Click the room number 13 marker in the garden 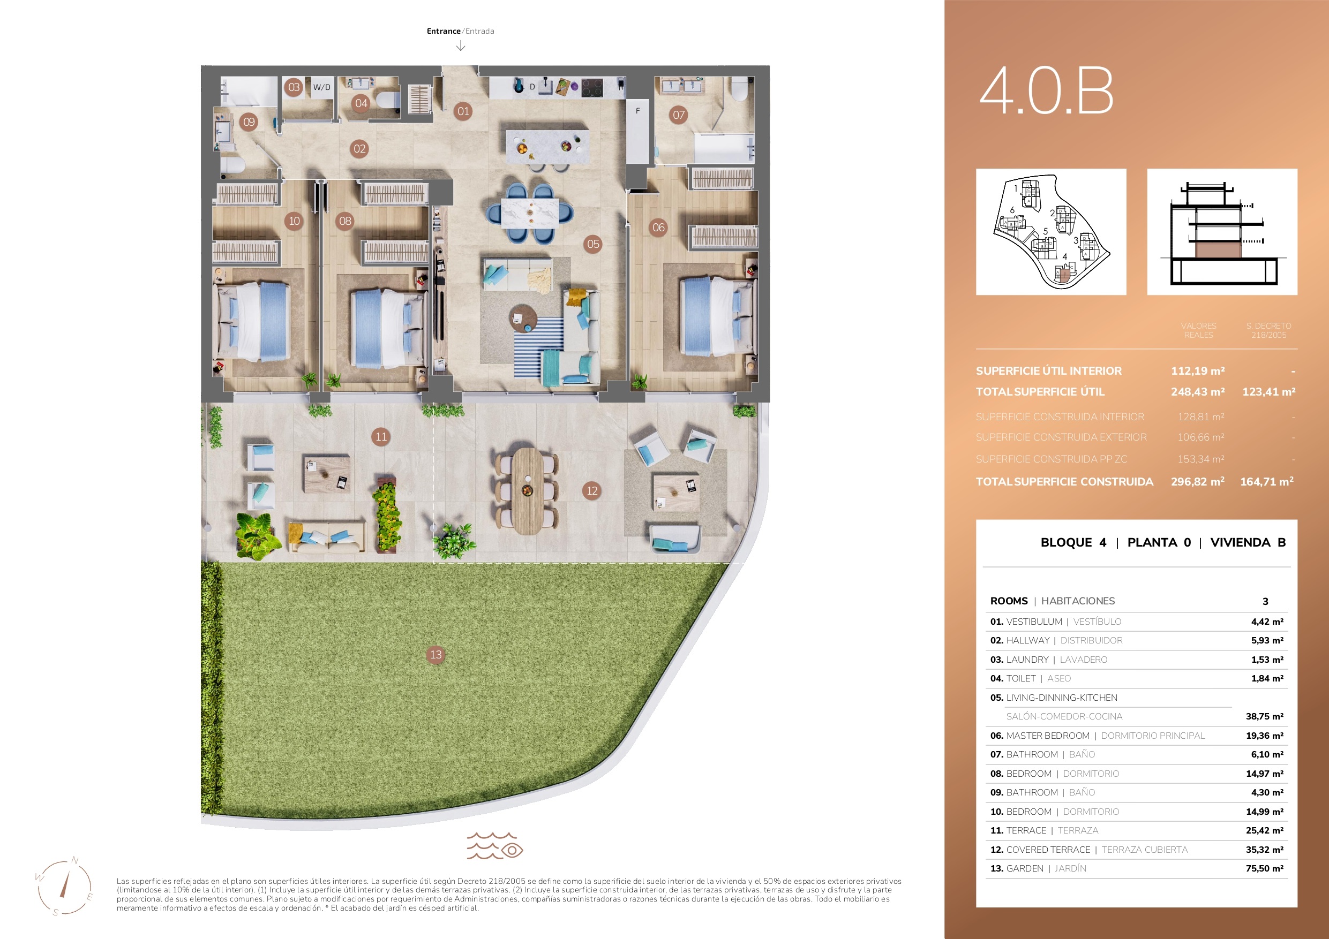[436, 654]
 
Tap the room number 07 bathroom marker [678, 115]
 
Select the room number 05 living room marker [594, 244]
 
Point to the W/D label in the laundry [322, 87]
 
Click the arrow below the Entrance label [461, 46]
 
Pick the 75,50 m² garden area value [1264, 868]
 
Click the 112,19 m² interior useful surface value [1198, 371]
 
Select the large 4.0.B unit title [1047, 90]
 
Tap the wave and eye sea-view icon [495, 846]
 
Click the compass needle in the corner [64, 884]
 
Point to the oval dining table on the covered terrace [527, 490]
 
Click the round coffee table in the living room [523, 319]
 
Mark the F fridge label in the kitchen [638, 110]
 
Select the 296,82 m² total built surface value [1198, 481]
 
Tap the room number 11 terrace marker [381, 437]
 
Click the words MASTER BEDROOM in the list [1048, 736]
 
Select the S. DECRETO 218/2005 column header [1268, 330]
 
